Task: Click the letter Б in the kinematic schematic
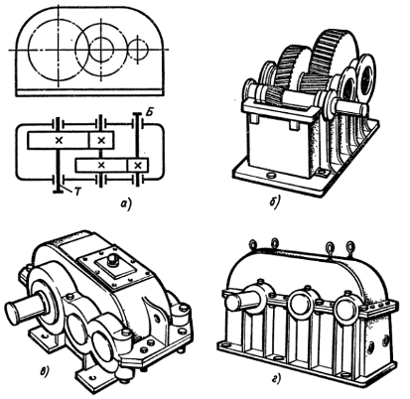pyautogui.click(x=149, y=113)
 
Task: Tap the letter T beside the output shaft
pyautogui.click(x=77, y=192)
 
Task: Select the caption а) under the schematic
pyautogui.click(x=125, y=204)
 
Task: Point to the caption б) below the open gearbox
pyautogui.click(x=274, y=202)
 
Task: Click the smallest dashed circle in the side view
pyautogui.click(x=138, y=50)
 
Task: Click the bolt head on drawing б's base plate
pyautogui.click(x=271, y=175)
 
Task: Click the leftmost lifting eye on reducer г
pyautogui.click(x=253, y=245)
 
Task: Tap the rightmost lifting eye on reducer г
pyautogui.click(x=350, y=247)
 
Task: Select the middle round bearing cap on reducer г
pyautogui.click(x=299, y=305)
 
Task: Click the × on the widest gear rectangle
pyautogui.click(x=59, y=140)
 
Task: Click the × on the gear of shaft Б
pyautogui.click(x=138, y=165)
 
